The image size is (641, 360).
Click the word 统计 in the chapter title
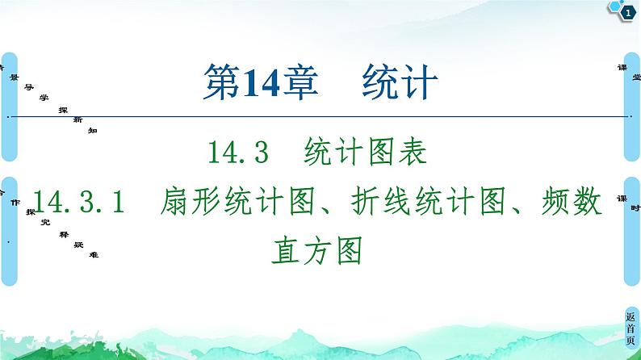click(x=400, y=82)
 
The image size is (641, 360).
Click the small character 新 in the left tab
click(x=77, y=119)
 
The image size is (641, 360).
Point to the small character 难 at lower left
click(x=94, y=255)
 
